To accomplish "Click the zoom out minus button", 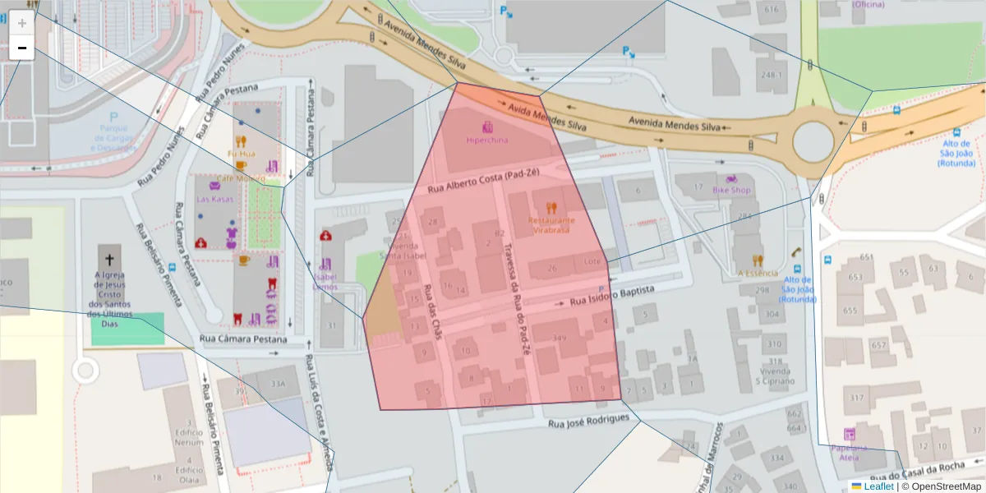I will pyautogui.click(x=22, y=48).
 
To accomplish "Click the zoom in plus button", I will pyautogui.click(x=22, y=23).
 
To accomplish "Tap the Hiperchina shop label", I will pyautogui.click(x=487, y=140).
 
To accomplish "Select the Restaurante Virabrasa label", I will pyautogui.click(x=551, y=225).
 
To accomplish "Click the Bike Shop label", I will pyautogui.click(x=731, y=190).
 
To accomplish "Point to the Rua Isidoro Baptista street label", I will pyautogui.click(x=612, y=297).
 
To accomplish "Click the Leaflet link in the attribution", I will pyautogui.click(x=878, y=486).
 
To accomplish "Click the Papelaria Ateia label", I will pyautogui.click(x=849, y=448).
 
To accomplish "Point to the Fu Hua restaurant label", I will pyautogui.click(x=242, y=153).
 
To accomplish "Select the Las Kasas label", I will pyautogui.click(x=214, y=199).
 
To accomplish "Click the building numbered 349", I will pyautogui.click(x=560, y=339).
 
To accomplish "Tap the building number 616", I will pyautogui.click(x=771, y=9).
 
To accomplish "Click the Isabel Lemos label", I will pyautogui.click(x=325, y=281).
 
